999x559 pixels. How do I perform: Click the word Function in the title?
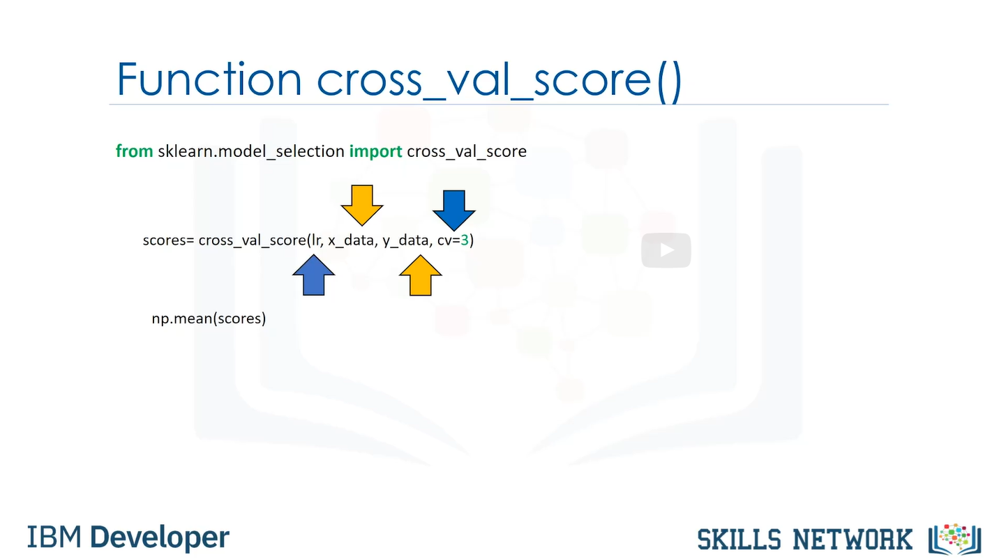point(209,79)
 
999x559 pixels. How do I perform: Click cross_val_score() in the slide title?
point(499,81)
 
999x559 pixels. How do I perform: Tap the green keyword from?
point(134,151)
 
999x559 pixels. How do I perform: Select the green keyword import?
point(375,152)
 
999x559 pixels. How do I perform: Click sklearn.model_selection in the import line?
point(251,152)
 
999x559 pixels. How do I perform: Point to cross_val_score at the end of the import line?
point(467,152)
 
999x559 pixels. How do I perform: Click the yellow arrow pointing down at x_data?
point(361,205)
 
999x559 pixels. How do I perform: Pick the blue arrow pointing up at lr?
point(313,275)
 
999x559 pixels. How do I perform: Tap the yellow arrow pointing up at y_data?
point(420,275)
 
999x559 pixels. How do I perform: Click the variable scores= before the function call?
point(169,240)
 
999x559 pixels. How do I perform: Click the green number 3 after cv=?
point(465,240)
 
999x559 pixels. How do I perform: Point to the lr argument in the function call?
point(317,240)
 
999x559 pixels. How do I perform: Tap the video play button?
point(666,250)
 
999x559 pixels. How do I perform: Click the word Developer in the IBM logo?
point(160,537)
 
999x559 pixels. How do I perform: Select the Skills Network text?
point(804,540)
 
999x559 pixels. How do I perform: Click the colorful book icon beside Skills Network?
point(955,539)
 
